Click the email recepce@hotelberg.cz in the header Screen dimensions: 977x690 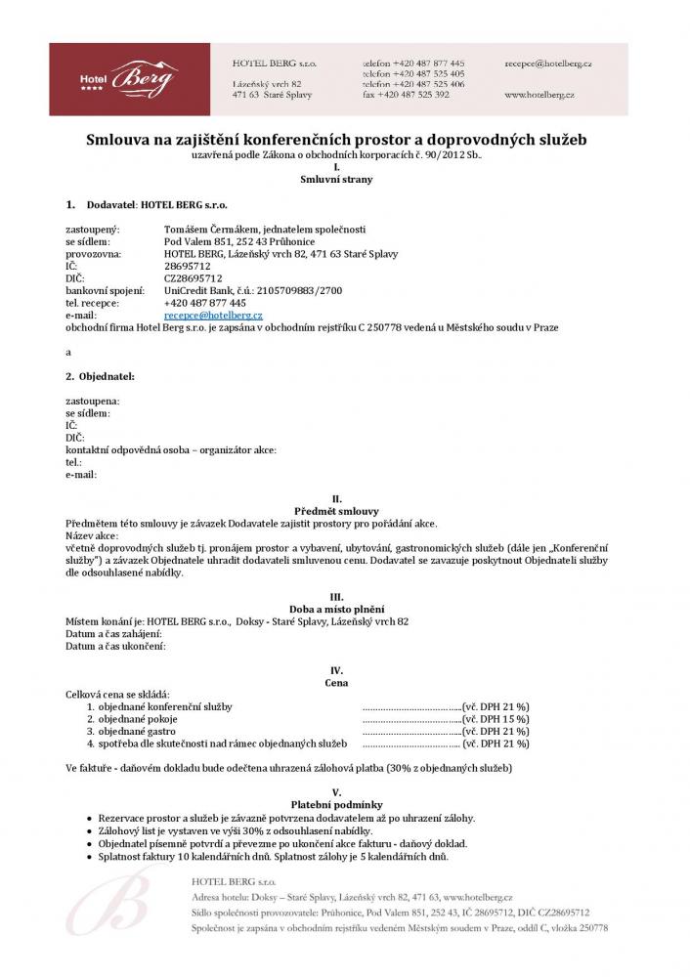pyautogui.click(x=548, y=62)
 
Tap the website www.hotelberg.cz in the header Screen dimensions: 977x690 pyautogui.click(x=539, y=95)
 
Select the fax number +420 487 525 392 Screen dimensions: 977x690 pyautogui.click(x=416, y=95)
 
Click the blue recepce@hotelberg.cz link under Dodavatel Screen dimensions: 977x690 pyautogui.click(x=213, y=316)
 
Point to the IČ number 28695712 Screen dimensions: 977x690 pyautogui.click(x=186, y=266)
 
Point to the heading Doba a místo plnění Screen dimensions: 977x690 pyautogui.click(x=336, y=609)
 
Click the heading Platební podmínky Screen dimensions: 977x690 pyautogui.click(x=336, y=804)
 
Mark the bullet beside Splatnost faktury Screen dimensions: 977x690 pyautogui.click(x=89, y=857)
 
